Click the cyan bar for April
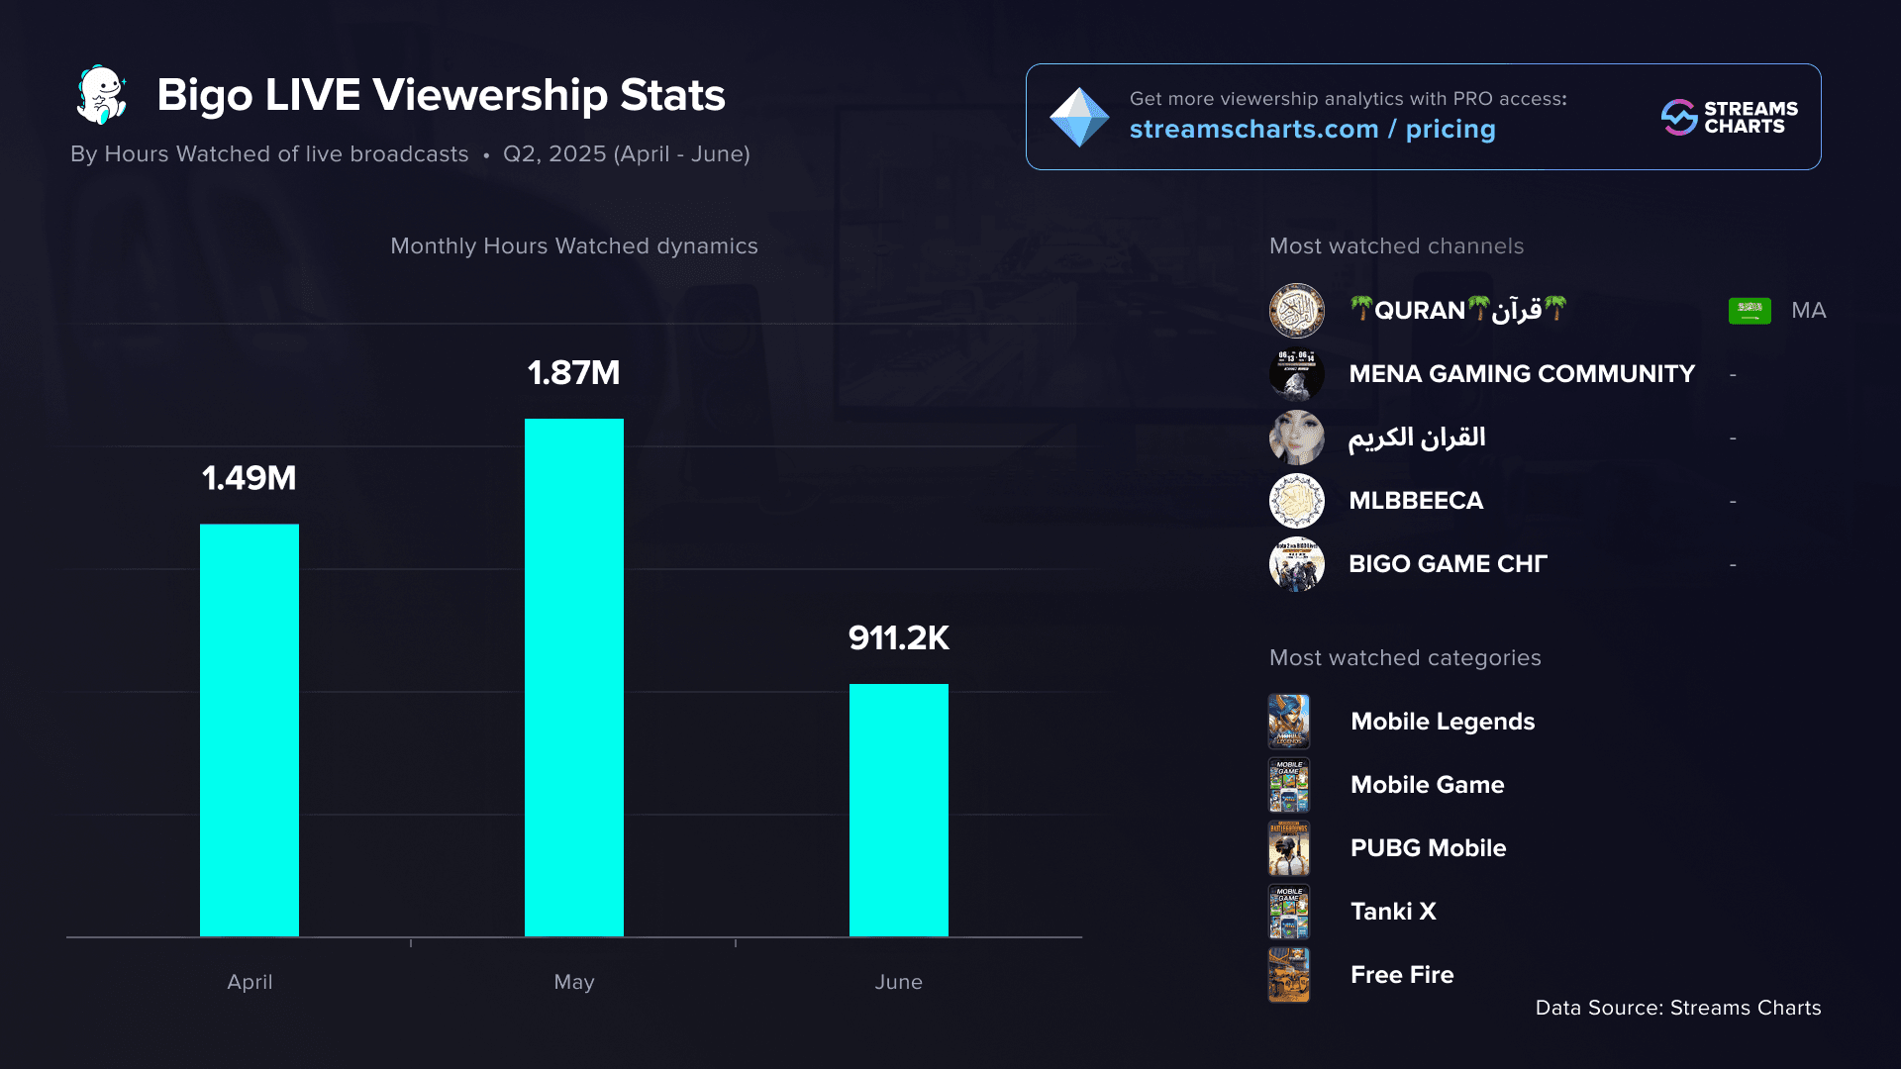250,729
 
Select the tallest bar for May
573,677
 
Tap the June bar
898,810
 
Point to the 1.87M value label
573,373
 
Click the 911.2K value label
898,638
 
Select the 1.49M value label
250,478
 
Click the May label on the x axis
573,982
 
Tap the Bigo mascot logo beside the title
102,95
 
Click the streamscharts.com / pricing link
1312,130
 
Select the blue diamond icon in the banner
1078,117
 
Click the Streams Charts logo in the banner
1729,117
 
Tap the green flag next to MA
1750,311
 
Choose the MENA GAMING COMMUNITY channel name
1521,374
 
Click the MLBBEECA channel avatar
1296,501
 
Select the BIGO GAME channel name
1447,564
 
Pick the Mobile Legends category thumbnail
1289,722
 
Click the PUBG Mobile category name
1428,848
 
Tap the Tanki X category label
1393,912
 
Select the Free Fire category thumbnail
1289,975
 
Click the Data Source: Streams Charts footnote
1677,1008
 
